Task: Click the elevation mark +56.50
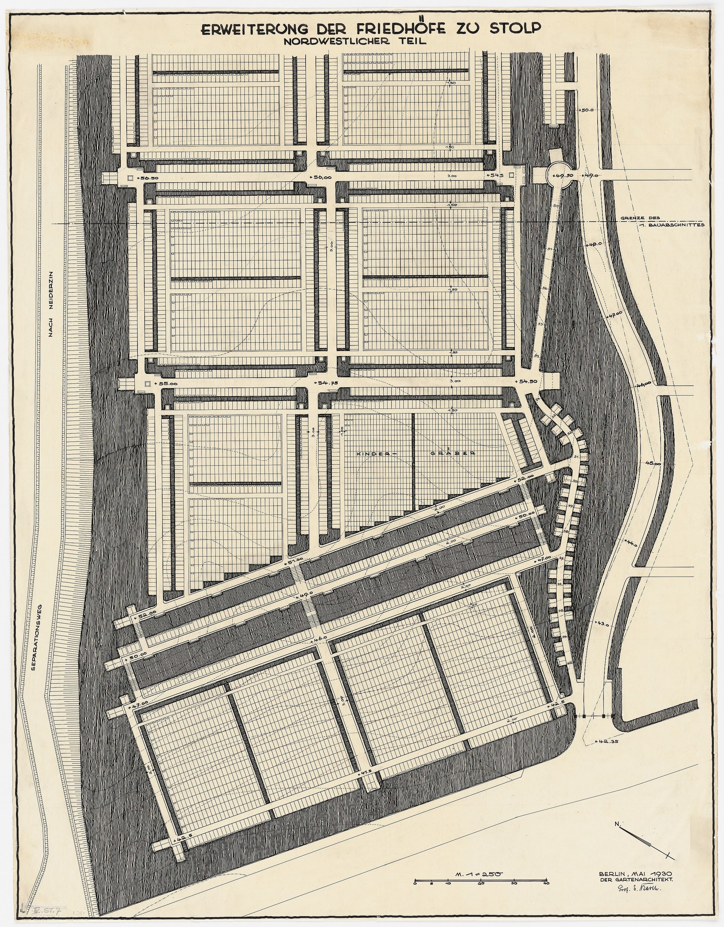click(148, 177)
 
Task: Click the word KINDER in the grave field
click(370, 453)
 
